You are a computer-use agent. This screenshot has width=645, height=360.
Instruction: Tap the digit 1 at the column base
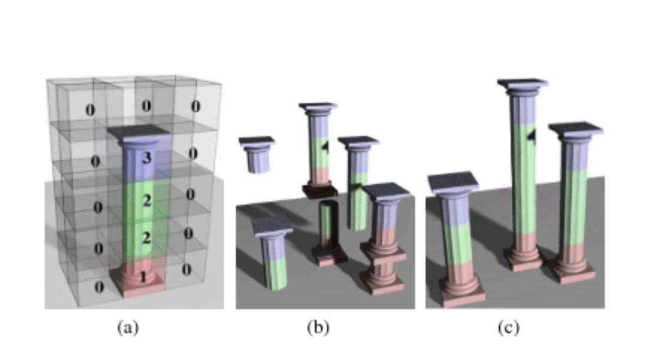[x=142, y=277]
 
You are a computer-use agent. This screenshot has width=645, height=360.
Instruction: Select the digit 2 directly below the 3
[x=146, y=201]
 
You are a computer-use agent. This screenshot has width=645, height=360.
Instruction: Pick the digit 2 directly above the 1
[x=146, y=238]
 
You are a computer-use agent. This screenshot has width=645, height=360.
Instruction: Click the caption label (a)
[x=127, y=328]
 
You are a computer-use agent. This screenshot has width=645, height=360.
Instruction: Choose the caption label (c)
[x=508, y=328]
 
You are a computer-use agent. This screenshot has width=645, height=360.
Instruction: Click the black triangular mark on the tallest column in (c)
[x=530, y=137]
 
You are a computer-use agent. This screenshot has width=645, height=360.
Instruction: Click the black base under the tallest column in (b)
[x=318, y=191]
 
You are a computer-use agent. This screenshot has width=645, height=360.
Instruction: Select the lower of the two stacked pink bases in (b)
[x=382, y=279]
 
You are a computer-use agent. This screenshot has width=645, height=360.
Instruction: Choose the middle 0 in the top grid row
[x=146, y=106]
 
